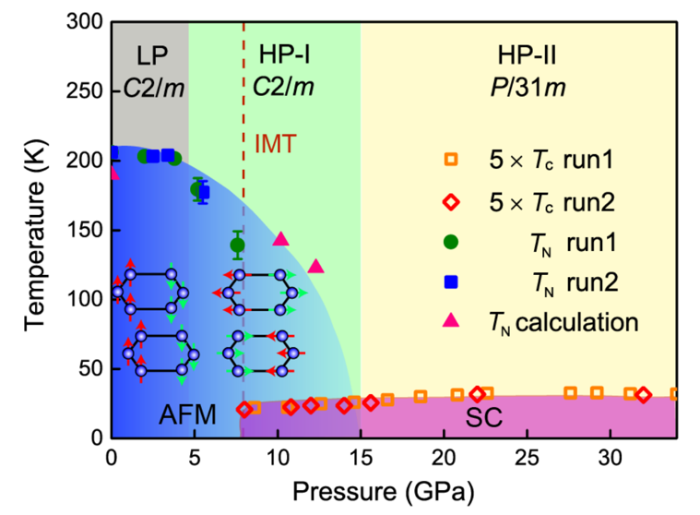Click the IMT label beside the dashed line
277,143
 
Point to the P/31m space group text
527,89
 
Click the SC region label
483,417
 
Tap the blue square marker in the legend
451,281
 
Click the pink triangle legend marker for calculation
451,321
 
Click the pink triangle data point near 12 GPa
315,267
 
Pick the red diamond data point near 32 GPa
643,395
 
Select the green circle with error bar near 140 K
238,245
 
